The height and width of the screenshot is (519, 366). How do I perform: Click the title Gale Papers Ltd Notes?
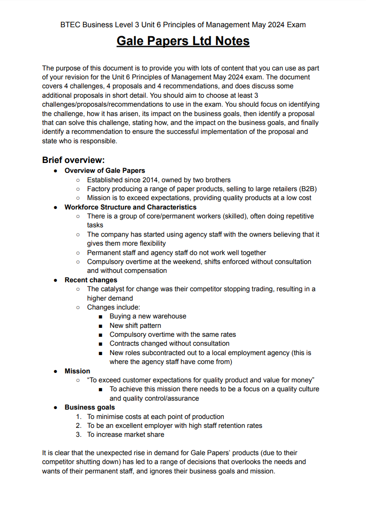point(183,41)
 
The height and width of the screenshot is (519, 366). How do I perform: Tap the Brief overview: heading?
point(73,160)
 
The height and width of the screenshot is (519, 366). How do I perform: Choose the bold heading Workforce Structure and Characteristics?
point(130,207)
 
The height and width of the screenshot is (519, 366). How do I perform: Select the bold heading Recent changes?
point(91,280)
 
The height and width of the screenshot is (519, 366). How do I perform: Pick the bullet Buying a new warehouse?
point(148,316)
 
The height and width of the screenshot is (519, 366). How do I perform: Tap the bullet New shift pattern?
point(135,325)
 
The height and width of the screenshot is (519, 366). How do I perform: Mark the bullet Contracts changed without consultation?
point(169,343)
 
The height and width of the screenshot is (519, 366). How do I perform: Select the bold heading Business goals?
point(90,407)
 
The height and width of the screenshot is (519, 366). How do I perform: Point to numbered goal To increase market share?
point(125,434)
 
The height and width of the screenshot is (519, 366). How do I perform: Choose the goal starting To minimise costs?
point(155,417)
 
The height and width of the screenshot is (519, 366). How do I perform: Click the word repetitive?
point(298,216)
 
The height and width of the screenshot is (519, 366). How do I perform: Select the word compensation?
point(145,271)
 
